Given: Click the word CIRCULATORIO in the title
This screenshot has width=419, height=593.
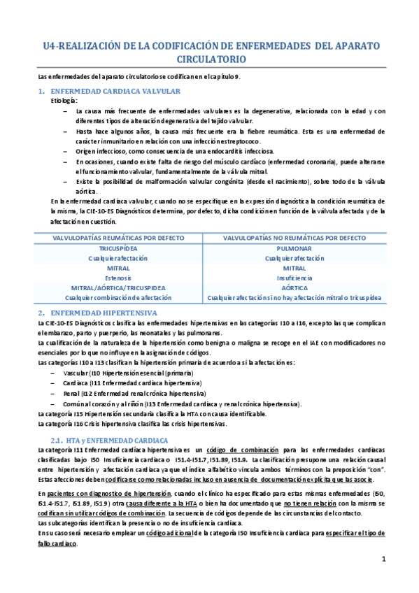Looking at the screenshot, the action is coord(210,60).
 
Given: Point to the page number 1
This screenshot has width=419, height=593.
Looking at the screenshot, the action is coord(383,559).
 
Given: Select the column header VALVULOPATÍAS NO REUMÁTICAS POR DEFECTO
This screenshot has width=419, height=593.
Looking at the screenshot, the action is coord(294,238).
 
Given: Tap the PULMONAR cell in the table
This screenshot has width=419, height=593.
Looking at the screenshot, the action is coord(294,248).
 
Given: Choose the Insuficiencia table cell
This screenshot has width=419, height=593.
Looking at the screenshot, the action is coord(294,278).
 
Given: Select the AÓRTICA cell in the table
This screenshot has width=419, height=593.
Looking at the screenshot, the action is coord(294,287).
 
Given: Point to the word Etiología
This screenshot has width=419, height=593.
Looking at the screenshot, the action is coord(65,101).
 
